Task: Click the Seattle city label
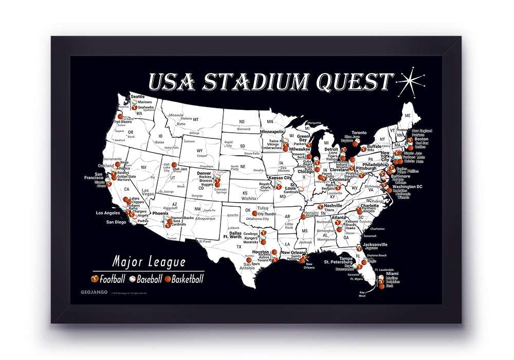pyautogui.click(x=138, y=96)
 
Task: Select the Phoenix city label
pyautogui.click(x=160, y=213)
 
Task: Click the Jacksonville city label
pyautogui.click(x=374, y=244)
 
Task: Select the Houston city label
pyautogui.click(x=261, y=251)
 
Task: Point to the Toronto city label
pyautogui.click(x=359, y=133)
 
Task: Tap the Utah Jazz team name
pyautogui.click(x=179, y=169)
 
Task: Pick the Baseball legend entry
pyautogui.click(x=149, y=280)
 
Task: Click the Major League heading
pyautogui.click(x=149, y=262)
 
